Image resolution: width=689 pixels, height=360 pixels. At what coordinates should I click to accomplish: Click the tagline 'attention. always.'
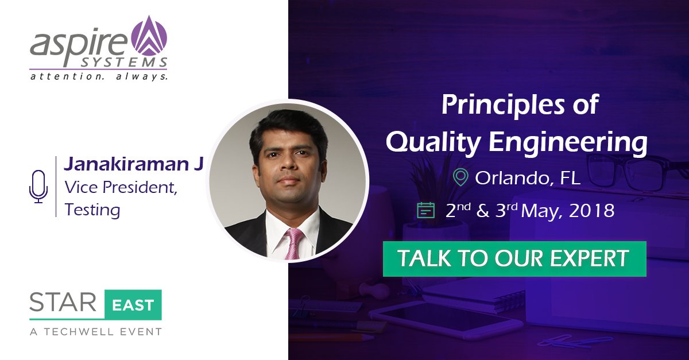coord(98,76)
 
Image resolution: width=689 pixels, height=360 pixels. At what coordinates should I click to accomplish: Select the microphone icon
coord(38,187)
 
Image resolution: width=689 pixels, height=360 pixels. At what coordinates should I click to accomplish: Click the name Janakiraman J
coord(134,164)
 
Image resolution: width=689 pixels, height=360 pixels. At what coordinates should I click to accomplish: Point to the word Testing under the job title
coord(92,210)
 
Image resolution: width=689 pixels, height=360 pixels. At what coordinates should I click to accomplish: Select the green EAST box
coord(133,304)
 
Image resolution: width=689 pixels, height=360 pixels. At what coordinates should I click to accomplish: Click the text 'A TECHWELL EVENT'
coord(95,331)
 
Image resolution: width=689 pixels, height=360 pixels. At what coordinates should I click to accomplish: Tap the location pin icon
coord(459,176)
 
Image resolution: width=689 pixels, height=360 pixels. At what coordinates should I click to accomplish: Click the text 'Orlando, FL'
coord(528,177)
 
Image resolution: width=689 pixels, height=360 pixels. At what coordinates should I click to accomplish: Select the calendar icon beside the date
coord(425,211)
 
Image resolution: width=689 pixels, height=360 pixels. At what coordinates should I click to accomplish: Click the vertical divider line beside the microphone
coord(56,187)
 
